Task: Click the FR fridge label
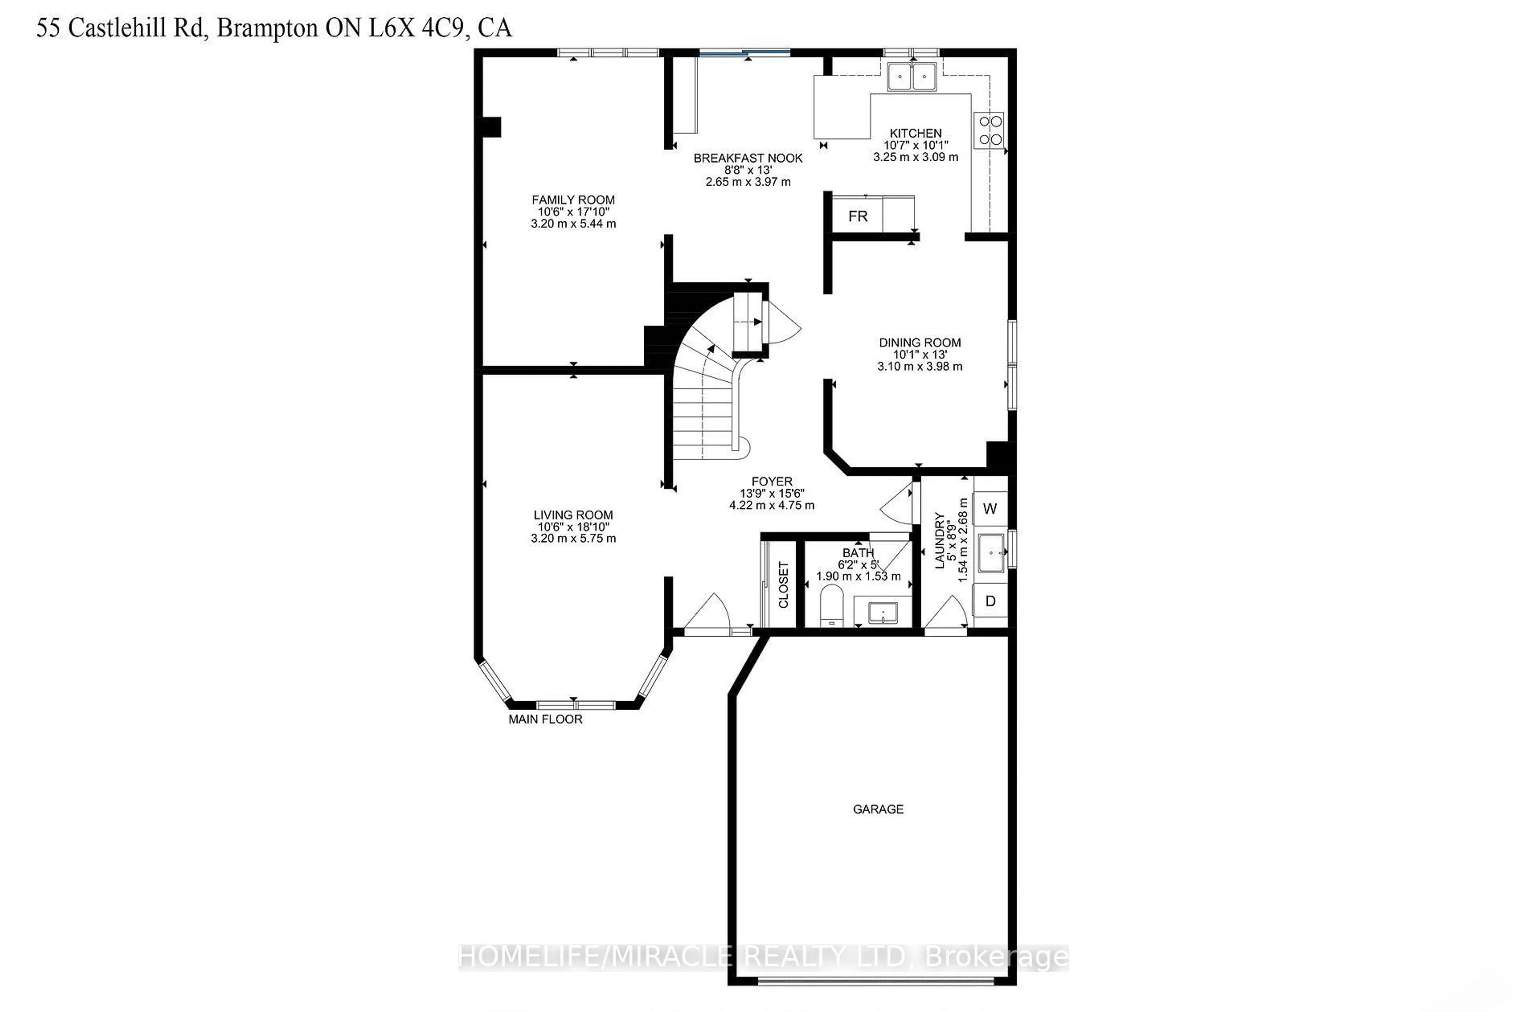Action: coord(858,217)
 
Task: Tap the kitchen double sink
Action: coord(911,77)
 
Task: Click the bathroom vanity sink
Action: coord(882,612)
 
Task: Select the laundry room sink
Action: coord(991,553)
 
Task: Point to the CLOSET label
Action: coord(783,585)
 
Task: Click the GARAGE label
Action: coord(878,809)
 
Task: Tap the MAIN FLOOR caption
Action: coord(545,719)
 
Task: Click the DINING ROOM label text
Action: coord(920,343)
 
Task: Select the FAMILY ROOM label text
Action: coord(573,200)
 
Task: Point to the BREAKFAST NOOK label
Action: coord(748,158)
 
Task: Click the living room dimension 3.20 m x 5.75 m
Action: coord(573,538)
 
